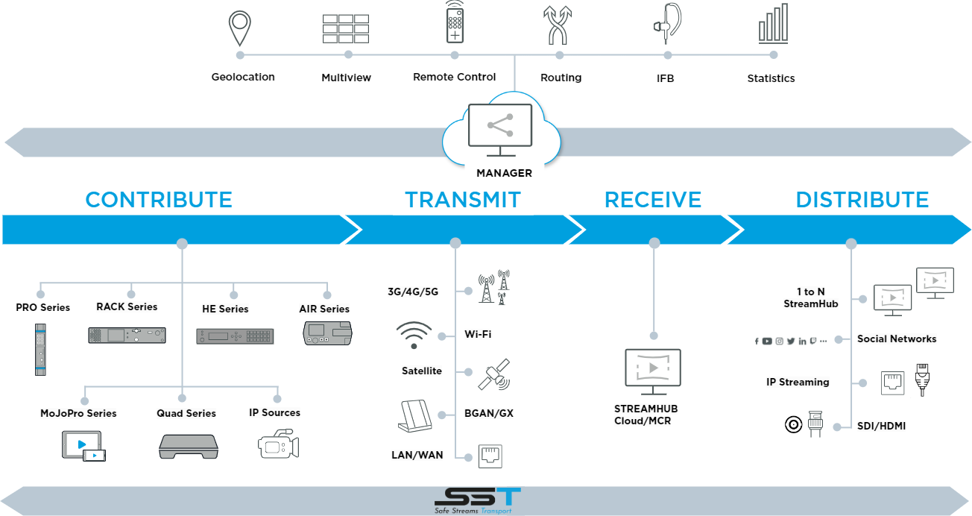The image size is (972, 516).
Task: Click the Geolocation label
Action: [x=243, y=77]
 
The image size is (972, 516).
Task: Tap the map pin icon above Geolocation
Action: [x=239, y=28]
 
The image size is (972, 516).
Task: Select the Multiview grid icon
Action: [x=346, y=28]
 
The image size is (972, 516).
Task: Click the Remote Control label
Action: [x=454, y=77]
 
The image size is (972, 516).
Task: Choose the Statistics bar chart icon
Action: [x=773, y=24]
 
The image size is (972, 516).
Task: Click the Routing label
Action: [x=561, y=78]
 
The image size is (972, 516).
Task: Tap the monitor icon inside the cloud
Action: [x=499, y=129]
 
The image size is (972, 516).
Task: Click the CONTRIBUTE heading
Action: [x=159, y=200]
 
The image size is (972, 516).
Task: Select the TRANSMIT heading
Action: [x=463, y=200]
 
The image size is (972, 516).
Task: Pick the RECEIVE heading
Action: [x=653, y=200]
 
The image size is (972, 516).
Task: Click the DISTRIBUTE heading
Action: [x=862, y=200]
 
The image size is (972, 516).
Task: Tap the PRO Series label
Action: [x=43, y=307]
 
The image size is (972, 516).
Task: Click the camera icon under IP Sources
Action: [x=278, y=444]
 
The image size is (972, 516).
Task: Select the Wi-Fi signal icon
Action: [x=414, y=335]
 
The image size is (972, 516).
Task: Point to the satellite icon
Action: [x=493, y=374]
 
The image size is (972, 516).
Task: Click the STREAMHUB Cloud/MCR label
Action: [x=646, y=415]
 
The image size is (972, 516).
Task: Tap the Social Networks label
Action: [x=897, y=339]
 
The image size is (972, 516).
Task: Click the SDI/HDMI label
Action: [x=880, y=426]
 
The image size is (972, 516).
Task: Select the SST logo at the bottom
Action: [x=478, y=500]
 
